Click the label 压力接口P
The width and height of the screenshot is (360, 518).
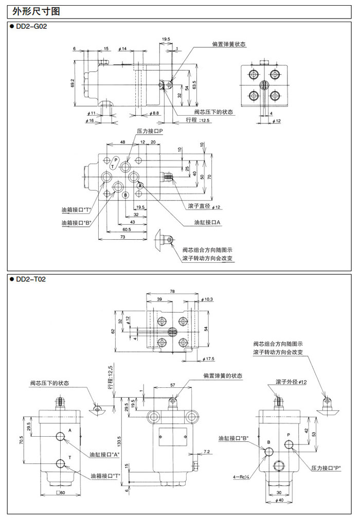(x=150, y=132)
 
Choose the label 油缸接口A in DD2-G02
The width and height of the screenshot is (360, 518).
(x=207, y=222)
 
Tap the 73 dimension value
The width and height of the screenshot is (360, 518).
(x=122, y=237)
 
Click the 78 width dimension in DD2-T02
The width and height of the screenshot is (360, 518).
(x=172, y=292)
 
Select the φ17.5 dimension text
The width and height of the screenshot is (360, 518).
(x=207, y=358)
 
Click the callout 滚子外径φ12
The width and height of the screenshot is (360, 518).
(x=291, y=382)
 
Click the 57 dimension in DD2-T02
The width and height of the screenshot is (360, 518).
(x=173, y=384)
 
